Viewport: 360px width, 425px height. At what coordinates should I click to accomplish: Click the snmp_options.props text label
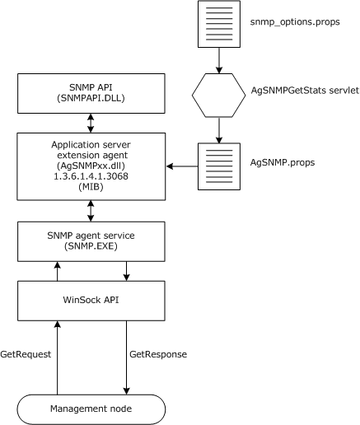click(x=293, y=26)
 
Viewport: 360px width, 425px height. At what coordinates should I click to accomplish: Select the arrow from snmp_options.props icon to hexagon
click(x=217, y=61)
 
